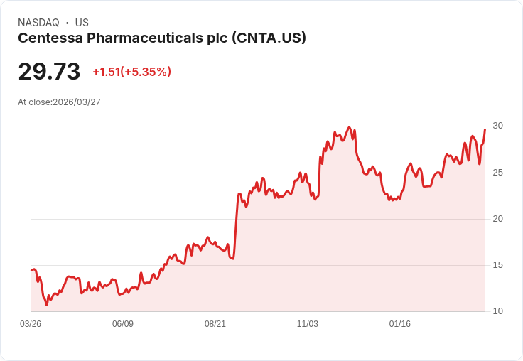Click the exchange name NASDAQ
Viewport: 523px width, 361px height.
(x=38, y=23)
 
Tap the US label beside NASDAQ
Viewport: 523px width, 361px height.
(x=82, y=23)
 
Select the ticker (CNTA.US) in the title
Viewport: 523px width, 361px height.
(x=269, y=38)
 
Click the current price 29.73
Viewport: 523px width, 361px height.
(x=49, y=72)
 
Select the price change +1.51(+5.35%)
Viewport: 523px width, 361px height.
(x=131, y=72)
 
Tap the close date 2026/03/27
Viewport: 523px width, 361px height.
(x=77, y=102)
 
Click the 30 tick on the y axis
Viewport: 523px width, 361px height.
(x=497, y=126)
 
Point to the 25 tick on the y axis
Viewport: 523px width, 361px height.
(x=497, y=173)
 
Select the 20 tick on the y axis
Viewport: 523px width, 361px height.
(x=497, y=219)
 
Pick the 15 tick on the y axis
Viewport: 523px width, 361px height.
(x=497, y=265)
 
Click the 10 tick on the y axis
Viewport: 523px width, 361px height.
(x=497, y=311)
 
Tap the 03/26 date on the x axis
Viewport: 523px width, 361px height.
(x=31, y=324)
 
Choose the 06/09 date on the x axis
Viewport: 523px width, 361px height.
(x=123, y=324)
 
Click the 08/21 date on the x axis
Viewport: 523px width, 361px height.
(x=215, y=324)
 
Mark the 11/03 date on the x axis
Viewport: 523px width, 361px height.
(x=308, y=324)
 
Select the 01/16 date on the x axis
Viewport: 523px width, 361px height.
(x=400, y=324)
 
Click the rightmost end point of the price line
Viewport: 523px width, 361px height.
(x=485, y=129)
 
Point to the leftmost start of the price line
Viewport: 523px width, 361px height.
(x=31, y=269)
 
